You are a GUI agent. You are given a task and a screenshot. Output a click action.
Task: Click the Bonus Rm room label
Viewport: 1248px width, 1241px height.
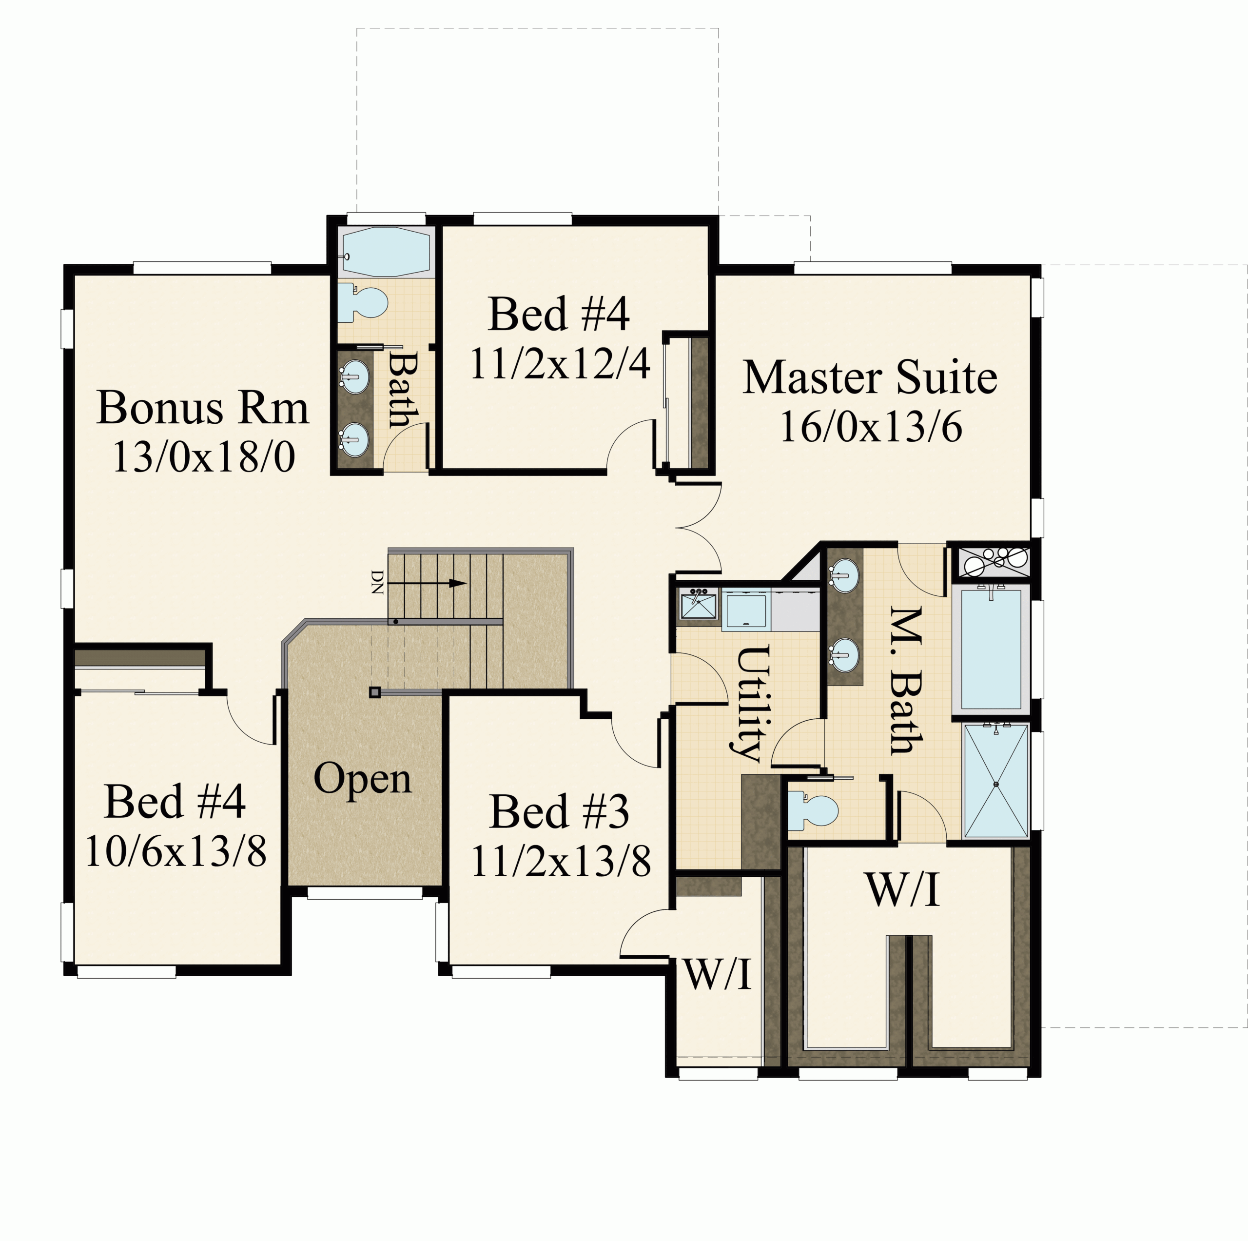click(203, 408)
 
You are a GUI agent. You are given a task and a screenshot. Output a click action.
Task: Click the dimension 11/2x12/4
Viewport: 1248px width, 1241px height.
click(559, 363)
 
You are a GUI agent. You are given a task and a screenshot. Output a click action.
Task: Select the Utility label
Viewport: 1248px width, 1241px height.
click(753, 704)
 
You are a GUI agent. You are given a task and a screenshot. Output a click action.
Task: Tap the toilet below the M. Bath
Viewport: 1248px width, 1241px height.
click(813, 810)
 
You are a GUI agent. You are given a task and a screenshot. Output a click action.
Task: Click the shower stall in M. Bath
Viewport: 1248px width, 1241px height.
click(995, 781)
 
